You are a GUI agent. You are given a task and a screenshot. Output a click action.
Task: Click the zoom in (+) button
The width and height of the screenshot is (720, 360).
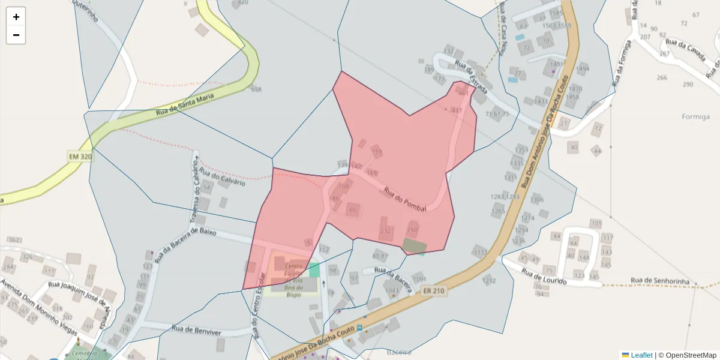click(16, 17)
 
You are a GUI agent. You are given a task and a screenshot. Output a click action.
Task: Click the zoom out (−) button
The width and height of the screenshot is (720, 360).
click(16, 35)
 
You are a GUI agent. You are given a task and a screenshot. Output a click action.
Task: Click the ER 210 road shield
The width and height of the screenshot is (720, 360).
click(434, 291)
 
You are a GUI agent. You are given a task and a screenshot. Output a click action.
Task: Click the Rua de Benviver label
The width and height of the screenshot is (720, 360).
click(196, 329)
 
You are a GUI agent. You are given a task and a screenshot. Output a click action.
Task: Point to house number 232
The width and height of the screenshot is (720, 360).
click(386, 230)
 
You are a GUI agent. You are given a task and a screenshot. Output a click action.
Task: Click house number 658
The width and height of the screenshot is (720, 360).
click(256, 89)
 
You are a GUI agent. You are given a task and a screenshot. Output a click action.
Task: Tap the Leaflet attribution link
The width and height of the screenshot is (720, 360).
click(641, 355)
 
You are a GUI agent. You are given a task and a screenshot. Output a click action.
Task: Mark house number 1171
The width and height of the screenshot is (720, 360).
click(481, 253)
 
